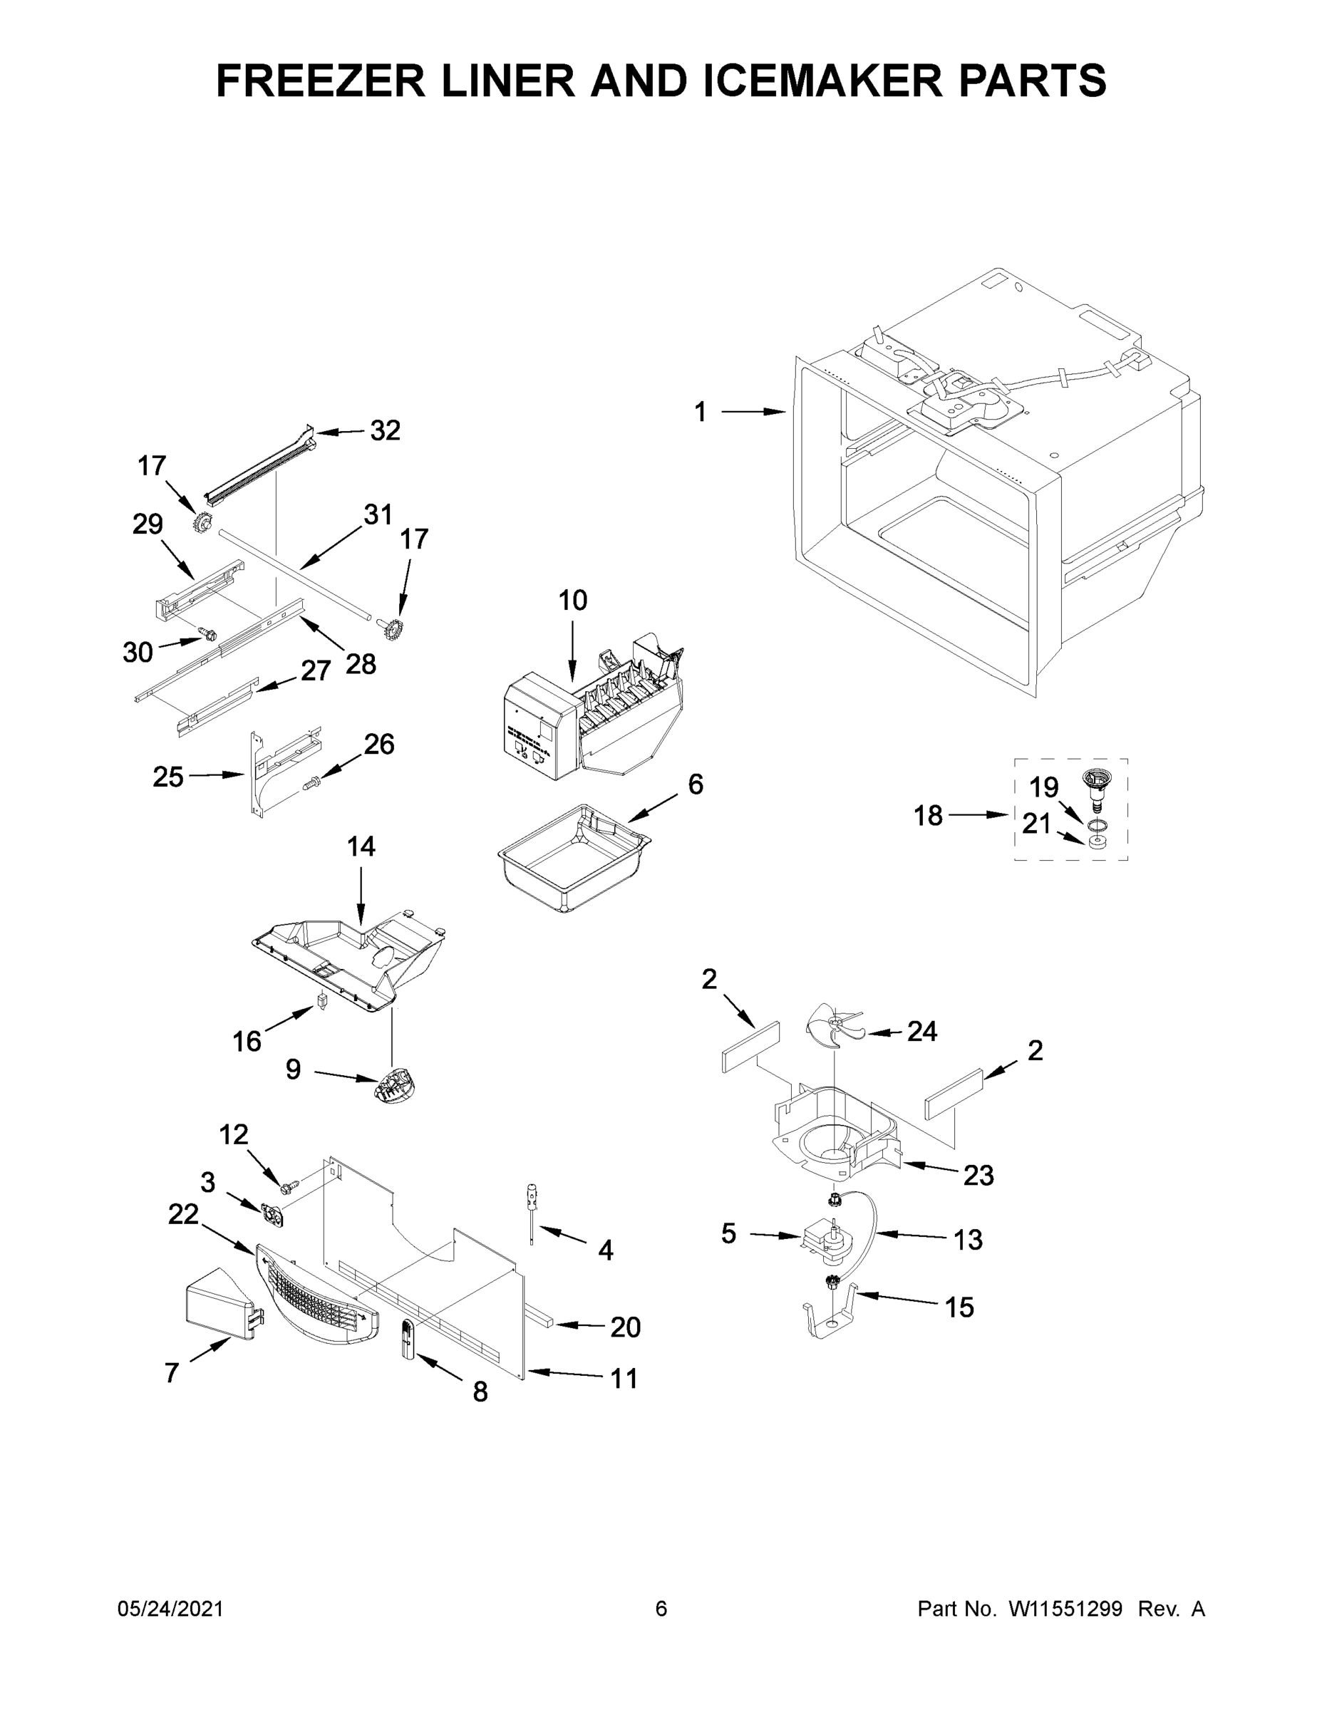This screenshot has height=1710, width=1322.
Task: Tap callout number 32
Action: (x=385, y=430)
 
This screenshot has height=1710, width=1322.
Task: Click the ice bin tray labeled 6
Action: (x=574, y=860)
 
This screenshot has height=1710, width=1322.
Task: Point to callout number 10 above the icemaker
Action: (x=572, y=601)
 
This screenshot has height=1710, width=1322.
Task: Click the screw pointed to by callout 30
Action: (x=207, y=633)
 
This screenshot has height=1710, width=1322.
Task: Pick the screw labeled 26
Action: (x=310, y=781)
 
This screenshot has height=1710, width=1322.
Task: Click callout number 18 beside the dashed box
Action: (x=928, y=816)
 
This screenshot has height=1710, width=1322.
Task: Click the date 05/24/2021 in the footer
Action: (x=170, y=1609)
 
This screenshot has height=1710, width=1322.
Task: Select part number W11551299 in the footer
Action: (x=1065, y=1609)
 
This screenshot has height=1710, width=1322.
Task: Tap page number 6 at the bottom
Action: (x=661, y=1609)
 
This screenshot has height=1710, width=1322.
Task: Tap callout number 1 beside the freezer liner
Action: (x=699, y=412)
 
